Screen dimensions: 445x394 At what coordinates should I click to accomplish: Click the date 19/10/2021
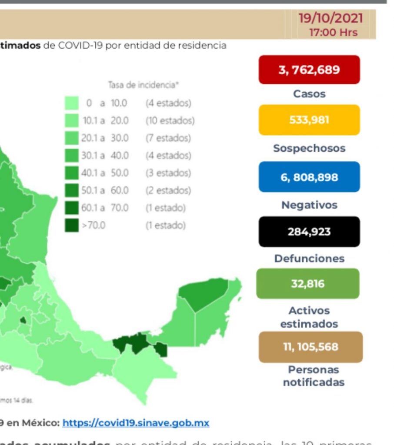[x=331, y=19]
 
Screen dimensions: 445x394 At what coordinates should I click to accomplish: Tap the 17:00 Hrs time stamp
[x=333, y=32]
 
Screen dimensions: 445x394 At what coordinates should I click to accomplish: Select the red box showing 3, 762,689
[x=309, y=70]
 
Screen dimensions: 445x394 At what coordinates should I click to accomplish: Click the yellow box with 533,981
[x=309, y=120]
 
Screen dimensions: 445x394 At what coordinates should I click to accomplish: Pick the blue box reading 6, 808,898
[x=309, y=177]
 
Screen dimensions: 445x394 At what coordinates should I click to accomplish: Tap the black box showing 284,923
[x=309, y=232]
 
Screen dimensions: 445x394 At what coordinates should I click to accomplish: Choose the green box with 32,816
[x=308, y=284]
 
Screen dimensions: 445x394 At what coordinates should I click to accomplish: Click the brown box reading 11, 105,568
[x=311, y=347]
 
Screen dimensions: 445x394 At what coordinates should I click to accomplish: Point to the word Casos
[x=309, y=93]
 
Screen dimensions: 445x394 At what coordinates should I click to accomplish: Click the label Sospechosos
[x=309, y=148]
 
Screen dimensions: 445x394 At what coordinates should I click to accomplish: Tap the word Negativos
[x=309, y=205]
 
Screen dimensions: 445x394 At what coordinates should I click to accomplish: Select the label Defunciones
[x=309, y=259]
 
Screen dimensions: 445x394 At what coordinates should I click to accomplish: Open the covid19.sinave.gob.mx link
[x=136, y=422]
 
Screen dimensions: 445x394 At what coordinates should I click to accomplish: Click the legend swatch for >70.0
[x=72, y=226]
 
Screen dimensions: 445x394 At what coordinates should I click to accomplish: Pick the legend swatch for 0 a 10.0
[x=72, y=103]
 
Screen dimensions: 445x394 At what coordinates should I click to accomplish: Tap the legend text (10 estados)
[x=170, y=120]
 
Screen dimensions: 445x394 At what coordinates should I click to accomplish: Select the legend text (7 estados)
[x=168, y=138]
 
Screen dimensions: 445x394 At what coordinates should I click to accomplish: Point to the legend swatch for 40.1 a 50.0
[x=72, y=173]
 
